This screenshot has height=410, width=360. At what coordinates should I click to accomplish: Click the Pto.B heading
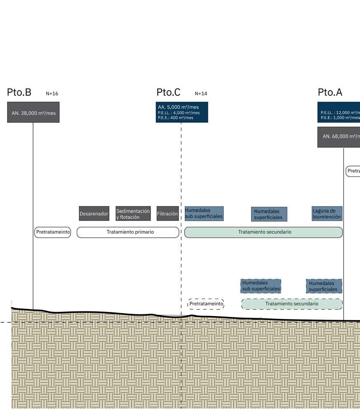19,92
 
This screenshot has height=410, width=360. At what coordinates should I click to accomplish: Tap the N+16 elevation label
52,94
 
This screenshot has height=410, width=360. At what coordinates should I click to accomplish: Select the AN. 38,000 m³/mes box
33,112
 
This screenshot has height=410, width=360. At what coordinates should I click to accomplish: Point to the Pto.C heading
168,92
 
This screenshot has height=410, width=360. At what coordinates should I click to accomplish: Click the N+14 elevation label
201,94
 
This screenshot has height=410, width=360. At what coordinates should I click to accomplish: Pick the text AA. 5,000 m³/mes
178,107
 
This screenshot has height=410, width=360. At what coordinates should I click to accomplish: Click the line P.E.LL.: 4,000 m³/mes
179,112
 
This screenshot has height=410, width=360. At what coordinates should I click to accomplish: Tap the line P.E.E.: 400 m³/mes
175,118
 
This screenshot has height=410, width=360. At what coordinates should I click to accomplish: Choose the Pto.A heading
330,92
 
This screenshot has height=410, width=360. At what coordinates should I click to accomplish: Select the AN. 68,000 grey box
339,137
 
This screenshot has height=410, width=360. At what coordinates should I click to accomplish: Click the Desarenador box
94,214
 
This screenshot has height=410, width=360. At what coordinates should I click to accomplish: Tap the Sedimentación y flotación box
133,214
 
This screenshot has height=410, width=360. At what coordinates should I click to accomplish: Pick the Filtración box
167,214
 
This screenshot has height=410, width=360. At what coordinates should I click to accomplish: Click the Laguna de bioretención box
327,214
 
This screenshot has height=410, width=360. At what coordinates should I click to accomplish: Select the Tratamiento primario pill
128,232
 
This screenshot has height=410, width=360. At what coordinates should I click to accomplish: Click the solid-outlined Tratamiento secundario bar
264,232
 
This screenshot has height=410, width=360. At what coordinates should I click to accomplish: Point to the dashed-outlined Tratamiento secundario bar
292,304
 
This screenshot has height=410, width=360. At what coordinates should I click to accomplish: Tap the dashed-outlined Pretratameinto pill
206,304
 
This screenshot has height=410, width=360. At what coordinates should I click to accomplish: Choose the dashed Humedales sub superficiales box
261,286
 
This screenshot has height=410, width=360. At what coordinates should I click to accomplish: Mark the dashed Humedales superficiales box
324,286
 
